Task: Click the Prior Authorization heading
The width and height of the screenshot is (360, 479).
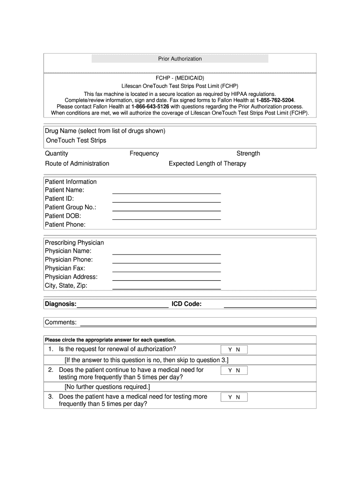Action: click(x=180, y=59)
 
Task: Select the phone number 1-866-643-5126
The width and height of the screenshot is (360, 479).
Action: click(x=150, y=107)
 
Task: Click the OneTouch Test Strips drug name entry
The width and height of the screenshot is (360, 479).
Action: click(x=76, y=141)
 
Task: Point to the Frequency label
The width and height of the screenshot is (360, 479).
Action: click(x=144, y=153)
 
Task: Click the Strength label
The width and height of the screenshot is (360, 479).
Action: click(x=248, y=153)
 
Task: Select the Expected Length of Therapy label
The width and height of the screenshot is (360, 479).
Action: click(x=207, y=164)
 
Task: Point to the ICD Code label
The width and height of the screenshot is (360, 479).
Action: click(x=187, y=305)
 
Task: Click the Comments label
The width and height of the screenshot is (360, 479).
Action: click(x=61, y=322)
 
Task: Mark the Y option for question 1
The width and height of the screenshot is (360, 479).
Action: click(x=230, y=350)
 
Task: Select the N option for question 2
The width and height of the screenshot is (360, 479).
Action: click(x=238, y=370)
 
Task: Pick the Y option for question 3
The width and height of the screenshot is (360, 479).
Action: click(x=230, y=397)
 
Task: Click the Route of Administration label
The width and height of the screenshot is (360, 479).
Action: click(x=77, y=164)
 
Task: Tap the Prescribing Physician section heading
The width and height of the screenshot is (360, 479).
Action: click(x=74, y=243)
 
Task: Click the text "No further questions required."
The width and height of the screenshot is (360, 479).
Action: click(x=108, y=387)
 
